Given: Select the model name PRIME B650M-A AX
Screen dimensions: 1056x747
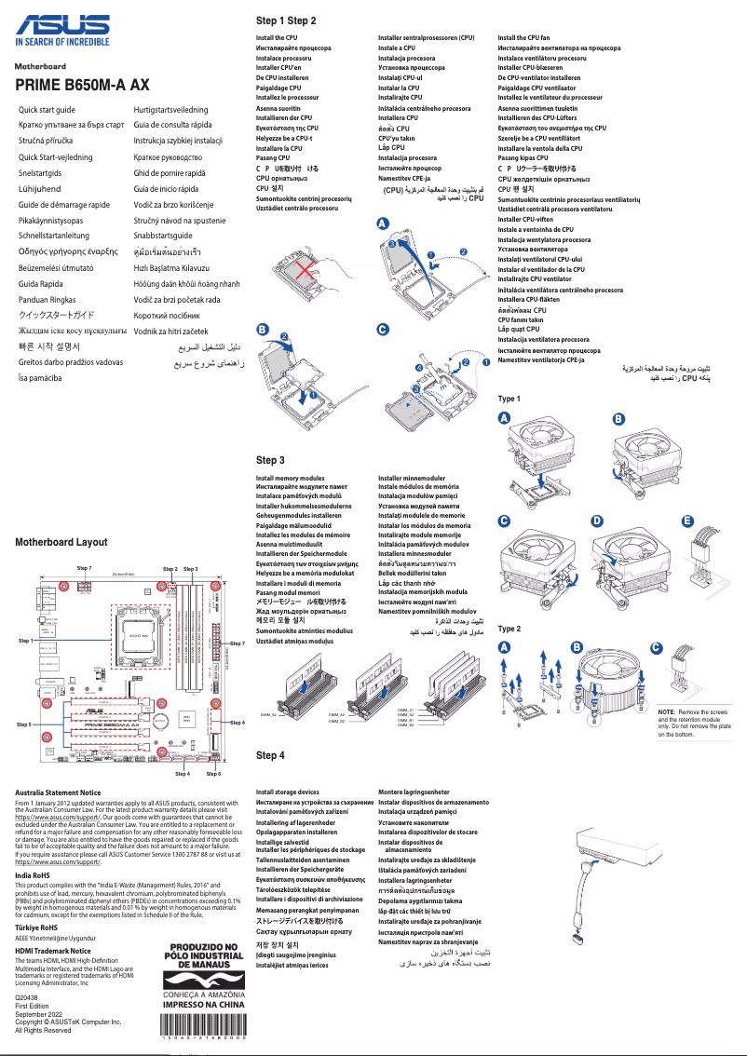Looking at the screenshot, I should tap(82, 86).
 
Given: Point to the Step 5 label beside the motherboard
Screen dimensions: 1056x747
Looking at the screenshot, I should tap(24, 724).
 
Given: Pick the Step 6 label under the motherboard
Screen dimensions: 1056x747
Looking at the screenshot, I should tap(213, 774).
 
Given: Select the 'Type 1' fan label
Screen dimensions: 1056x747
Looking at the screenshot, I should tap(509, 399).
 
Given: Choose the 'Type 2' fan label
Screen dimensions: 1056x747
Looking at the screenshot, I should tap(509, 630).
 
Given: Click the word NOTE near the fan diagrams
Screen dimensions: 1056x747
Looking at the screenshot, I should tap(667, 711).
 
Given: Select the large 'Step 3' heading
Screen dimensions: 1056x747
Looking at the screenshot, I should tap(270, 460).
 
